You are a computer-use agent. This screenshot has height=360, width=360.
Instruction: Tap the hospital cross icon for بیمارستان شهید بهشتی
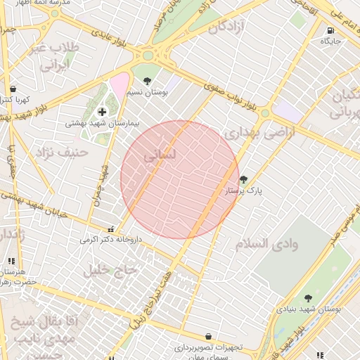[x=103, y=111]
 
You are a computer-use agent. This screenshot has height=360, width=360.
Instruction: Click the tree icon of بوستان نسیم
[x=147, y=80]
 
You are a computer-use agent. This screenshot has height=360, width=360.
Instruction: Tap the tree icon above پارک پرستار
[x=244, y=179]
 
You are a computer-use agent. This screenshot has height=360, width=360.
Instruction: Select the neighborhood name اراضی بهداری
[x=252, y=131]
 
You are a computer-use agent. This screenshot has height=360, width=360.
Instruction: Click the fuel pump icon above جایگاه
[x=330, y=30]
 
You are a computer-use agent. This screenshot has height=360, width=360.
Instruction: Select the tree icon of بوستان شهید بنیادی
[x=308, y=298]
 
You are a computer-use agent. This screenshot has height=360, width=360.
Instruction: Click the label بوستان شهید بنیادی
[x=314, y=309]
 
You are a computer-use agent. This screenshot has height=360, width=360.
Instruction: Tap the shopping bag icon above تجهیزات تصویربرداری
[x=208, y=336]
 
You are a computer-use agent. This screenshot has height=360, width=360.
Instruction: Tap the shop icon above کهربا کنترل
[x=13, y=89]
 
